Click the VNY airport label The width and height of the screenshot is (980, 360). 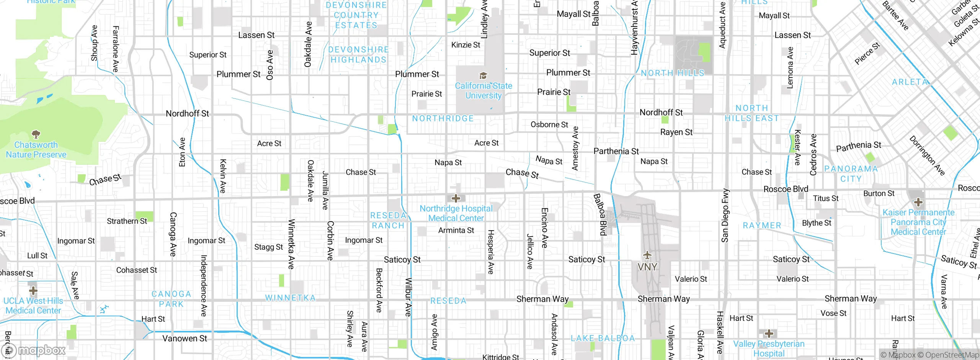(647, 267)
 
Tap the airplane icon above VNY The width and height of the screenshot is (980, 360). (647, 255)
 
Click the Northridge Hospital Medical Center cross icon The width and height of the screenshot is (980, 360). (456, 198)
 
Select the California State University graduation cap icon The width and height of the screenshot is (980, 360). (483, 75)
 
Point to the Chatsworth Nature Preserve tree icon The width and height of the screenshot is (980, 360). (36, 134)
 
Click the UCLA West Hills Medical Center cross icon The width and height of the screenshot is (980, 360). (33, 291)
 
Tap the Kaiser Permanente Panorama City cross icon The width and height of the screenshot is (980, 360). (918, 202)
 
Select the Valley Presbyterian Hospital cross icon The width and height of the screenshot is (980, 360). (769, 334)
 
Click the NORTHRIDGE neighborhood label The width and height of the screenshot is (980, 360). (443, 119)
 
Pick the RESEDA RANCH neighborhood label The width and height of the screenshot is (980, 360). (388, 221)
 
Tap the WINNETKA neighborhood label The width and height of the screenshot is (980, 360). (291, 298)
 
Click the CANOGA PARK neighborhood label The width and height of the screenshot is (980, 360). (171, 299)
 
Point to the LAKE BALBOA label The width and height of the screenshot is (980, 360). (603, 339)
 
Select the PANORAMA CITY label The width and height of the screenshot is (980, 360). (851, 174)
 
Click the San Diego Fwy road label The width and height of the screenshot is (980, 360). (725, 216)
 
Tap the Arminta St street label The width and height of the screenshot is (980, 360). (456, 231)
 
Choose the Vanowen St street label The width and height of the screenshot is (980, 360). (185, 339)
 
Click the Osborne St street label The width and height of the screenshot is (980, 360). (549, 124)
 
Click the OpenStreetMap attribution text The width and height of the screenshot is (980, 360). (951, 355)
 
